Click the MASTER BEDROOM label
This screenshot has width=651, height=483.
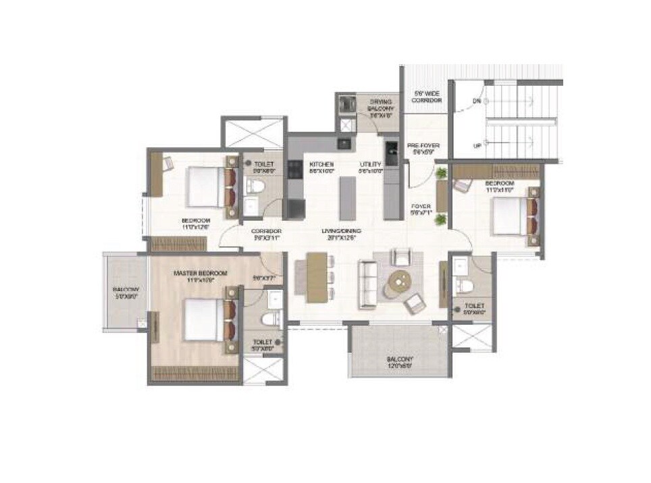pyautogui.click(x=199, y=273)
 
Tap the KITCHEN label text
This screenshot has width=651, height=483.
pyautogui.click(x=321, y=164)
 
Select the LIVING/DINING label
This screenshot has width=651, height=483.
pyautogui.click(x=342, y=231)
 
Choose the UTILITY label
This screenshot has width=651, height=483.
pyautogui.click(x=370, y=164)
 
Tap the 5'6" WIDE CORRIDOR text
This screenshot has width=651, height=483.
pyautogui.click(x=427, y=96)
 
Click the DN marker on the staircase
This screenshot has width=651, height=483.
pyautogui.click(x=477, y=103)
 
